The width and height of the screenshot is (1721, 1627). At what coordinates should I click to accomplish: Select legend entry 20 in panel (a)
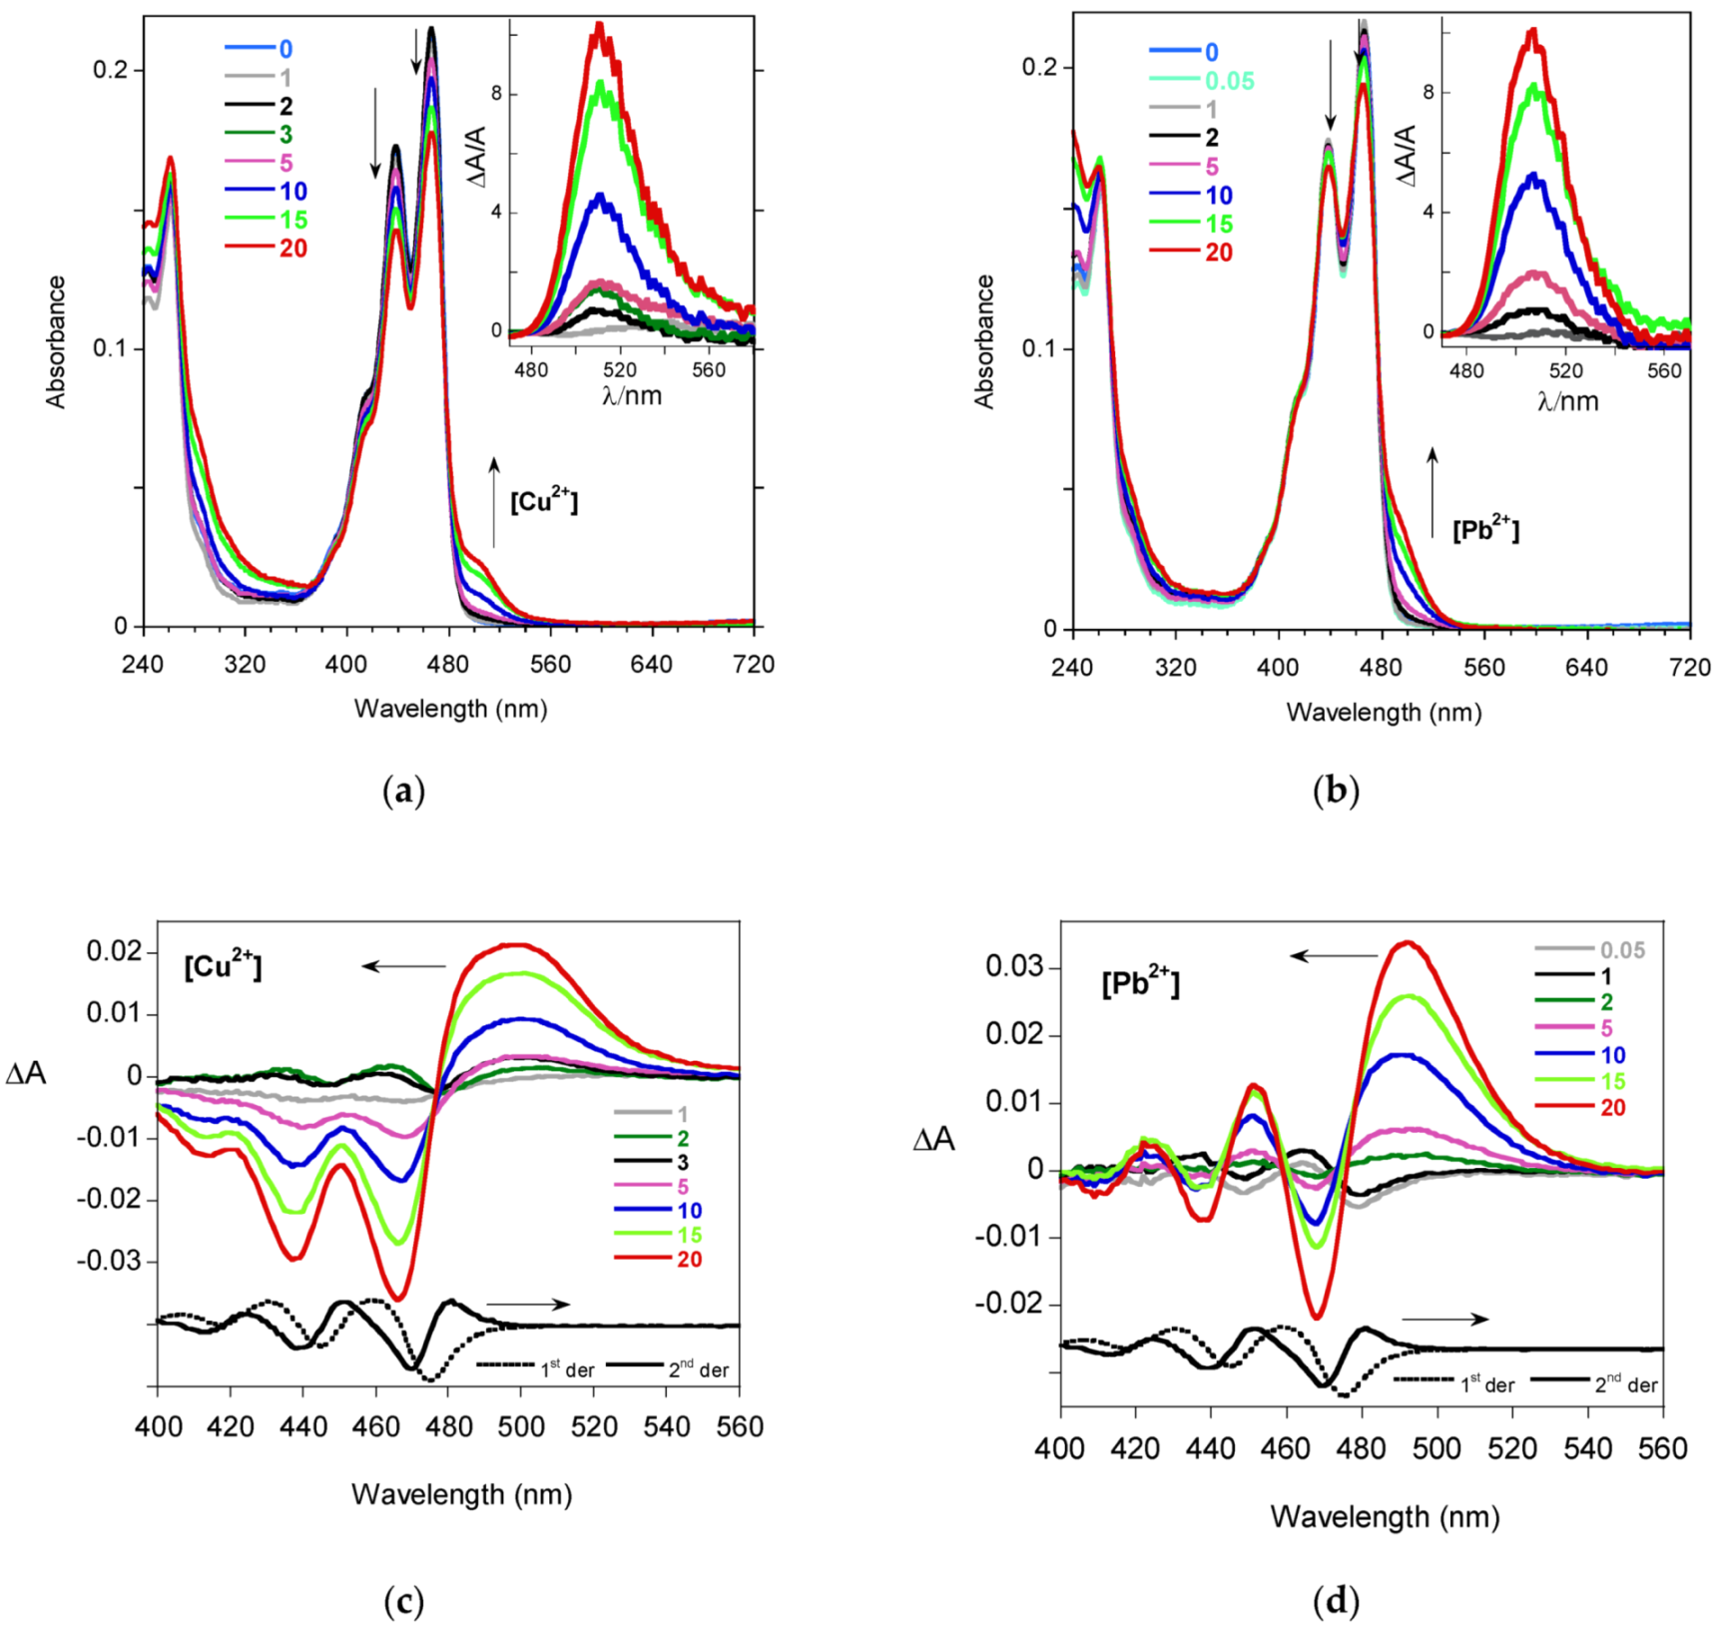[x=292, y=249]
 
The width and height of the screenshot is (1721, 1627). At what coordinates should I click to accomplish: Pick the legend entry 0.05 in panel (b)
[x=1229, y=81]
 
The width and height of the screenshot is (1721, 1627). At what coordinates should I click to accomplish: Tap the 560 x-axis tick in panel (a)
[x=550, y=665]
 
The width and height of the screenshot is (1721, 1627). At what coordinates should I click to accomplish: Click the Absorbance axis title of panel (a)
[x=56, y=342]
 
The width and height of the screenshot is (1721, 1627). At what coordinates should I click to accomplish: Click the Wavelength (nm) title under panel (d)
[x=1385, y=1517]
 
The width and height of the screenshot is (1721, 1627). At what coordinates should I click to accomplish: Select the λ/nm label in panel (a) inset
[x=631, y=396]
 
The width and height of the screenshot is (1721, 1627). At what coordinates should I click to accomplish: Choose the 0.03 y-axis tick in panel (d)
[x=1014, y=966]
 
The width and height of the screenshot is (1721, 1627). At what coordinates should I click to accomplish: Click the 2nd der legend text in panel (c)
[x=698, y=1369]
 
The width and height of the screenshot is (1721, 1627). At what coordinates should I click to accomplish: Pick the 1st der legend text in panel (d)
[x=1487, y=1384]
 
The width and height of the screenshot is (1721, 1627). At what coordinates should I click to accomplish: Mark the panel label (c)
[x=404, y=1601]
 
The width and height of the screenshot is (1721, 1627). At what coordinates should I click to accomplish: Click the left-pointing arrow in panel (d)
[x=1334, y=956]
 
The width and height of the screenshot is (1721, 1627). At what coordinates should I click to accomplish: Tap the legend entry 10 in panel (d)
[x=1612, y=1055]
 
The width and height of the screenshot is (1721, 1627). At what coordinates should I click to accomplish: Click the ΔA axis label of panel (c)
[x=26, y=1074]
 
